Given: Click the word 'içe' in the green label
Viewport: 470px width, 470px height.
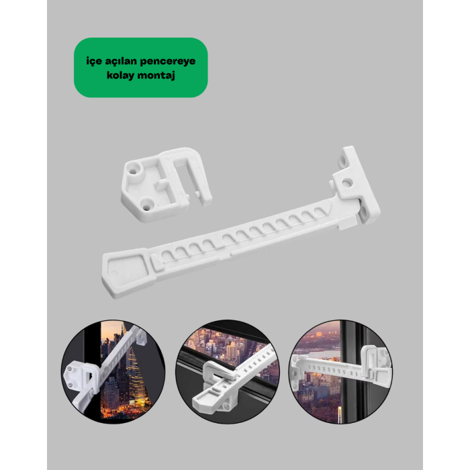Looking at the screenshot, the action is (x=94, y=62).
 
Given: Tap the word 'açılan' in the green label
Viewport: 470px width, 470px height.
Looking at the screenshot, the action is (x=120, y=62).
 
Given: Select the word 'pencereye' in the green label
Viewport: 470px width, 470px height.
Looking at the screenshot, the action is (x=168, y=62).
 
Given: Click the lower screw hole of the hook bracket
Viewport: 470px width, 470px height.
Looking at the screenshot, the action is (x=146, y=207).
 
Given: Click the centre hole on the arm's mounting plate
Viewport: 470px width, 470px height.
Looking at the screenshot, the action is (x=347, y=182).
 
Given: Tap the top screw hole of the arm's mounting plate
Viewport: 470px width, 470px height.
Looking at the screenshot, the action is (x=342, y=156).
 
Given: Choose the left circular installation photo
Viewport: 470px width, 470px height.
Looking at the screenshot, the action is (x=113, y=372).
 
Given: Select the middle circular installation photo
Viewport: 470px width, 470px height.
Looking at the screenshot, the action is (x=228, y=372).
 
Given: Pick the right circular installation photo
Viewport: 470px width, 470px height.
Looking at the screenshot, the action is (x=340, y=372).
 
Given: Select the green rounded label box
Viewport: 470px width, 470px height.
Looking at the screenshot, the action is (x=141, y=67).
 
